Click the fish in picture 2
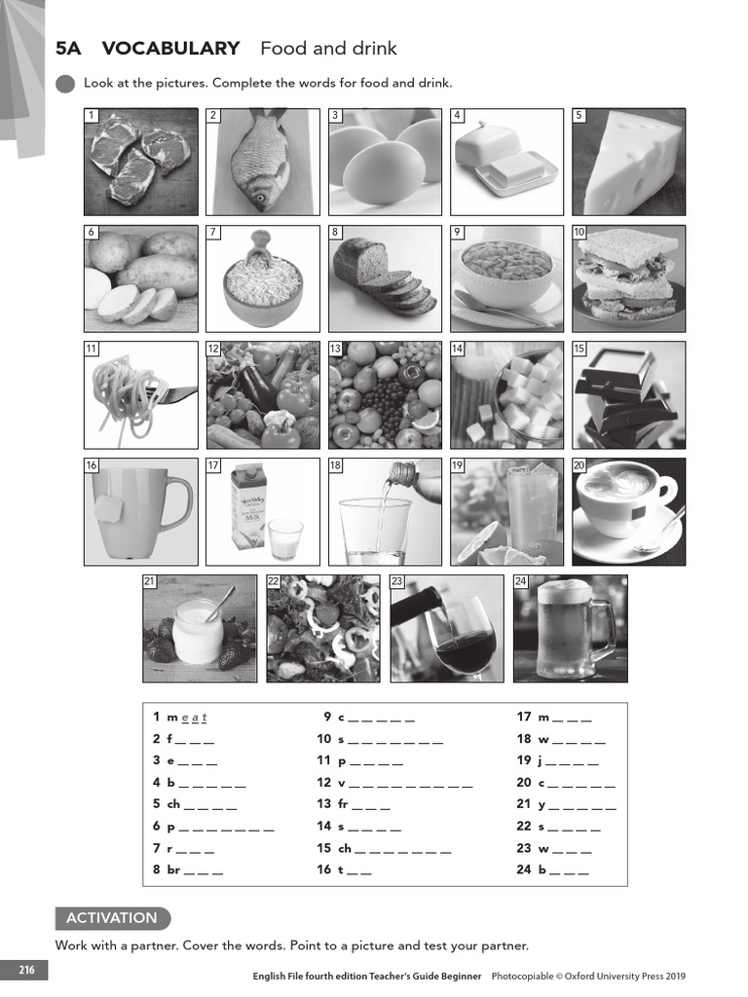(x=260, y=161)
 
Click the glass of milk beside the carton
(x=285, y=538)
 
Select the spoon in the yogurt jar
(x=219, y=603)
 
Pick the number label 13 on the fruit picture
(x=335, y=349)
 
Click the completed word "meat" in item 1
(x=193, y=718)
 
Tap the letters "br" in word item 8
(x=173, y=870)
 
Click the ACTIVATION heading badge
(x=112, y=918)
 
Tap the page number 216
(x=25, y=970)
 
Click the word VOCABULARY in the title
(x=170, y=49)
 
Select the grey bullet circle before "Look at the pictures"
(x=65, y=84)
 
